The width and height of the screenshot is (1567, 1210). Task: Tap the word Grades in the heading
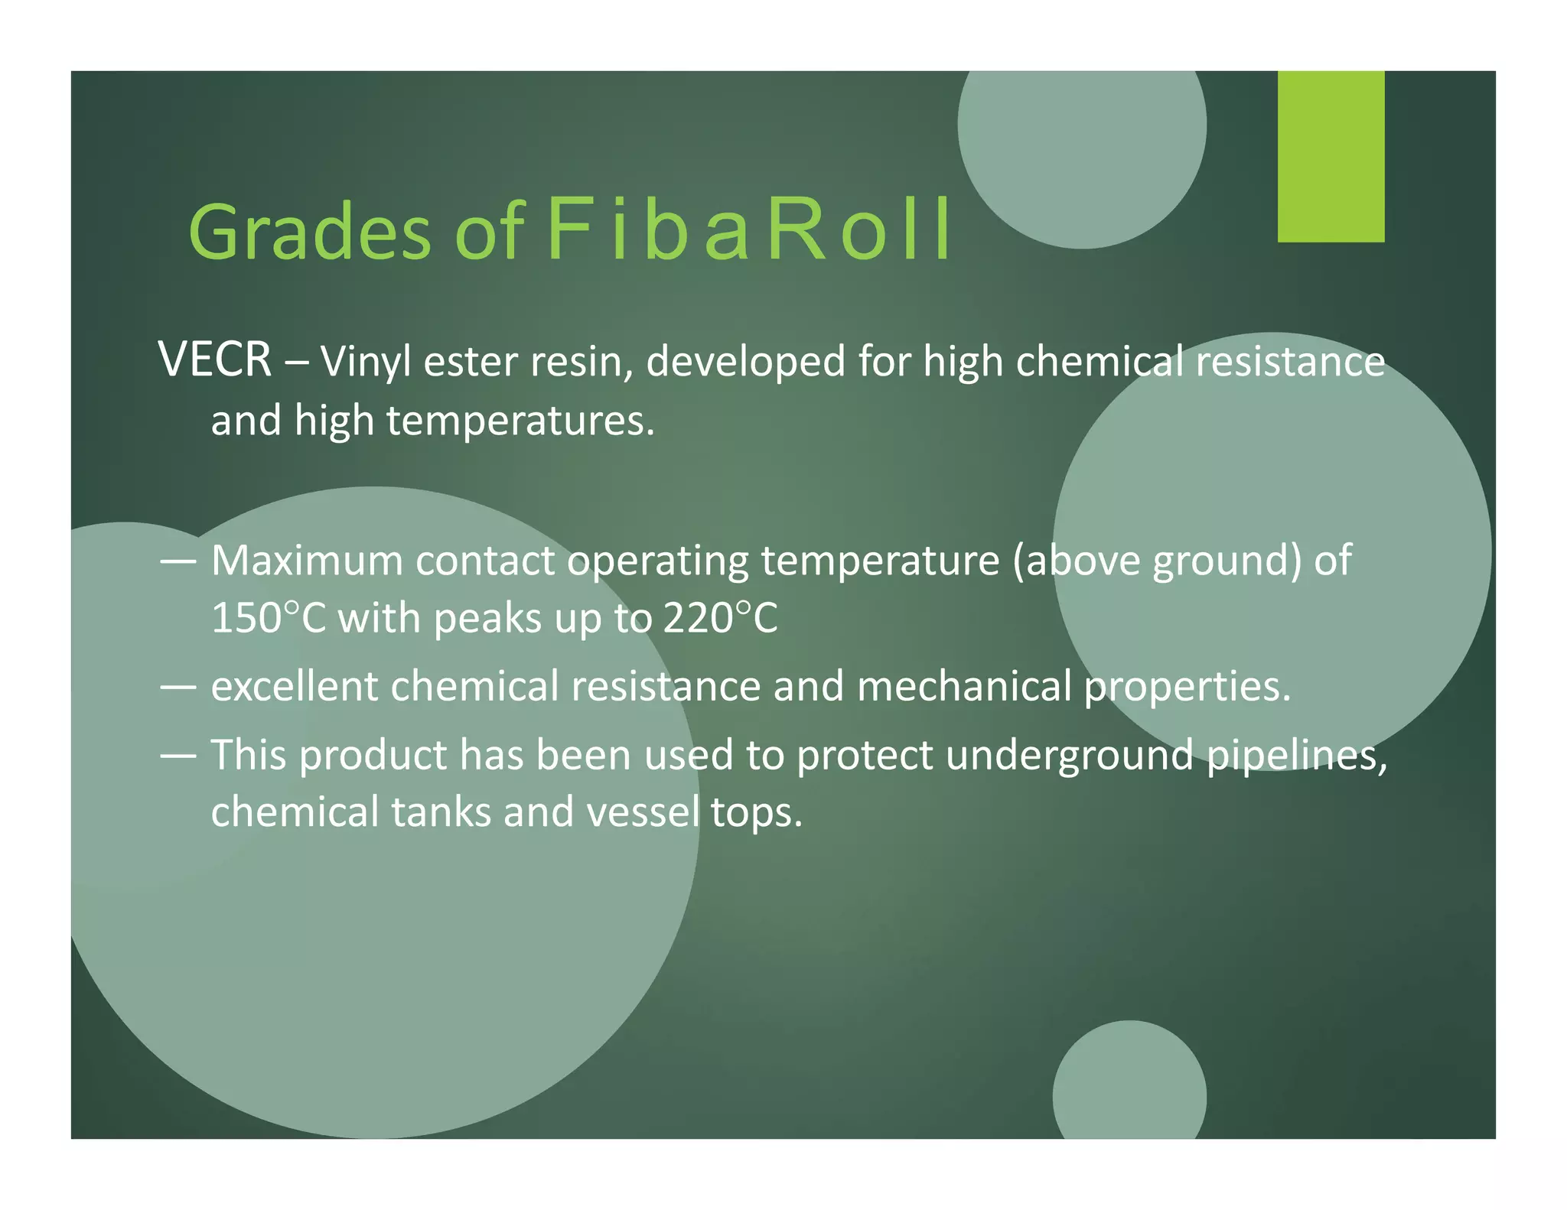coord(310,232)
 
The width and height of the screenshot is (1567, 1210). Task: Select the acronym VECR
coord(215,359)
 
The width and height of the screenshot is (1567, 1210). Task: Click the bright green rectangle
coord(1330,156)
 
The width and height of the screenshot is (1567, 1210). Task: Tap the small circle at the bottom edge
coord(1129,1086)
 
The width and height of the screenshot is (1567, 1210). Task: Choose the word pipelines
coord(1296,756)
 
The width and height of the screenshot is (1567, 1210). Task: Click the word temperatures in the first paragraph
coord(520,421)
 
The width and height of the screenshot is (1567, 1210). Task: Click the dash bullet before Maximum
coord(178,561)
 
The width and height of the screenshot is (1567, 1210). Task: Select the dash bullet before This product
coord(178,755)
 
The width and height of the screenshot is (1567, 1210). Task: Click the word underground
coord(1069,756)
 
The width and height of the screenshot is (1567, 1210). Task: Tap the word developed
coord(745,361)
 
